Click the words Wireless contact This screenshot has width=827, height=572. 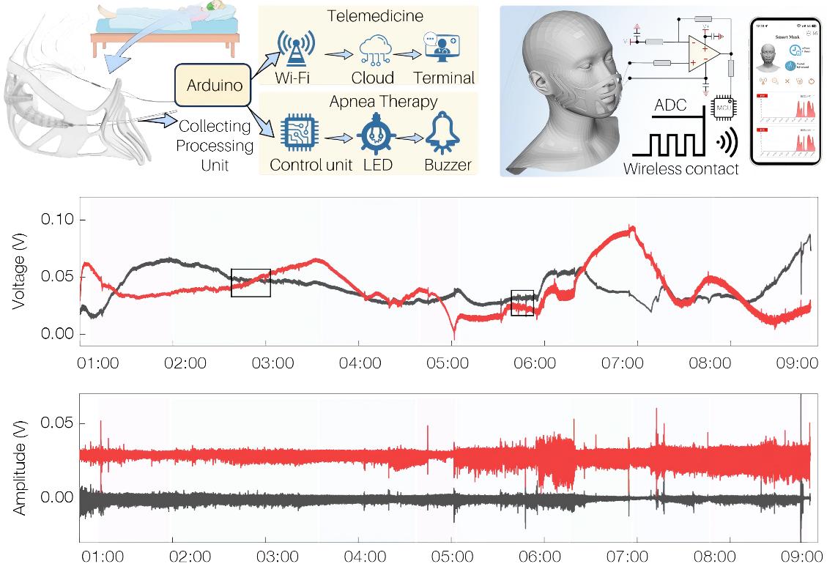pyautogui.click(x=680, y=169)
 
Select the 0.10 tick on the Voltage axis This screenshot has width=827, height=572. pyautogui.click(x=63, y=220)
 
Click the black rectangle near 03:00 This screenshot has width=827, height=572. pyautogui.click(x=251, y=283)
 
